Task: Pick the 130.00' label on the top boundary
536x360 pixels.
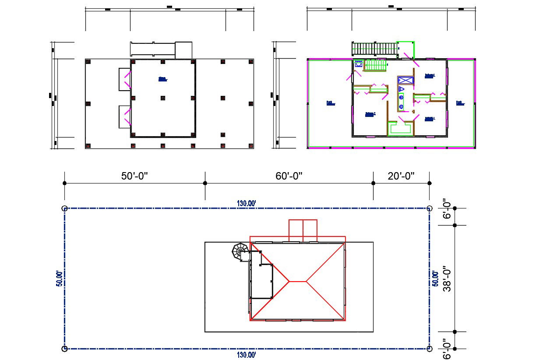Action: [x=246, y=203]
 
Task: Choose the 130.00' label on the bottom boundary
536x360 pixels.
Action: [x=246, y=354]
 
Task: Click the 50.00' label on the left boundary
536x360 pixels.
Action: [x=58, y=279]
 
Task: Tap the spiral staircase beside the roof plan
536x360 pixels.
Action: [x=240, y=252]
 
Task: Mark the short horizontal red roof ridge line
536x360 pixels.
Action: [x=298, y=281]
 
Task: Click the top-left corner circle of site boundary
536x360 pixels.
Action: [x=65, y=208]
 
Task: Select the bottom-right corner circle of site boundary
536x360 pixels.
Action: [x=429, y=349]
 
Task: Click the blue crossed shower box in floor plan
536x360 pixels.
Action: [x=405, y=80]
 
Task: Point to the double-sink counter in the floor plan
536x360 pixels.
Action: [x=401, y=99]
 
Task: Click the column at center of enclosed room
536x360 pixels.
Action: [x=163, y=98]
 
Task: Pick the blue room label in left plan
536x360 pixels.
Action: [x=162, y=79]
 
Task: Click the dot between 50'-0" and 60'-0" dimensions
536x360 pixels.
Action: [x=205, y=184]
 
